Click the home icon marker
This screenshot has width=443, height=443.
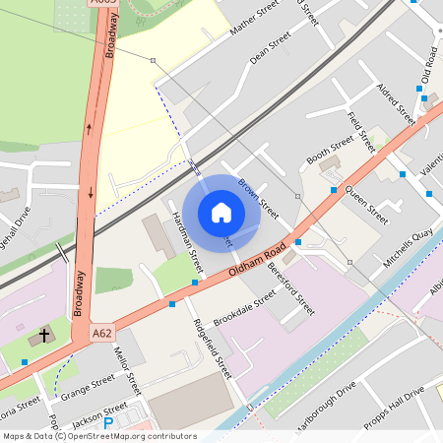pyautogui.click(x=221, y=213)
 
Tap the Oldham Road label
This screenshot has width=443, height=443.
pyautogui.click(x=257, y=257)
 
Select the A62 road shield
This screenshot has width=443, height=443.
pyautogui.click(x=101, y=334)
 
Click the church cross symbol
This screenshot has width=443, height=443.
pyautogui.click(x=40, y=337)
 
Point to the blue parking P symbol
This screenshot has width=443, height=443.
pyautogui.click(x=109, y=423)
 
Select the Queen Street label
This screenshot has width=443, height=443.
pyautogui.click(x=365, y=200)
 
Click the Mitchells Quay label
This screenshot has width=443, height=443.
pyautogui.click(x=409, y=241)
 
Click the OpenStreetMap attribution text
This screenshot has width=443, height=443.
pyautogui.click(x=98, y=435)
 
